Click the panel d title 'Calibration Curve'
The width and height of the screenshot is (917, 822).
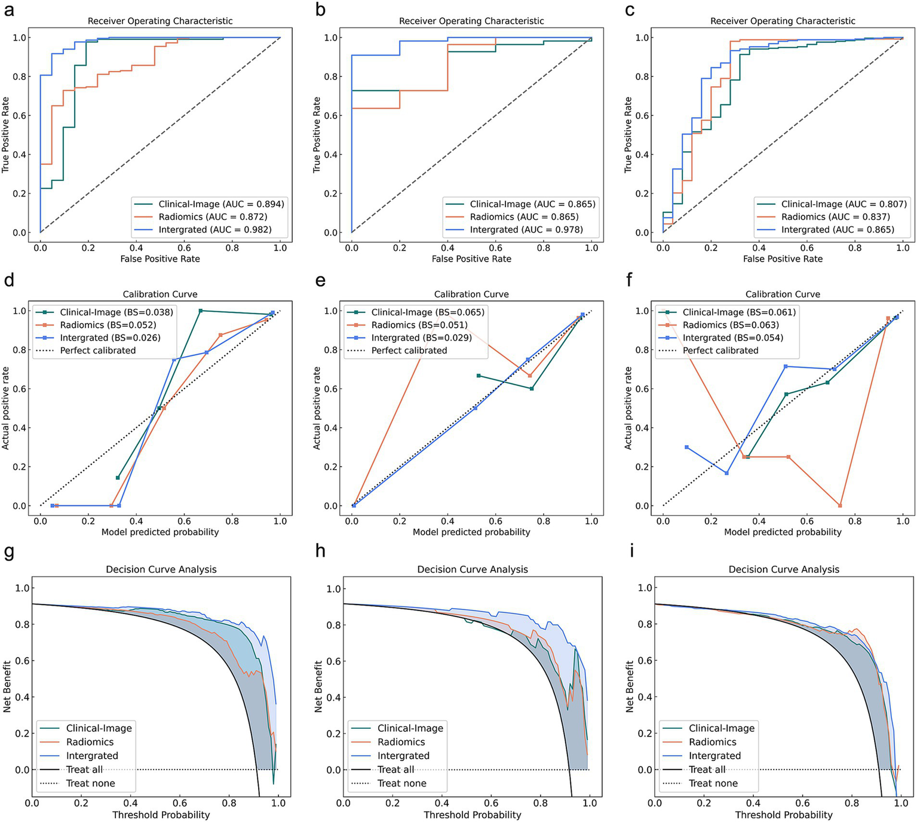(x=160, y=294)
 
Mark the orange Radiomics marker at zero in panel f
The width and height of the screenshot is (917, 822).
(x=840, y=505)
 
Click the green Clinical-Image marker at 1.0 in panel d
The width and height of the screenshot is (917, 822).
(x=201, y=311)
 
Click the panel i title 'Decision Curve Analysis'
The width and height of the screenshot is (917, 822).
(x=784, y=569)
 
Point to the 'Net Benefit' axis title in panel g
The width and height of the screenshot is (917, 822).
(x=7, y=686)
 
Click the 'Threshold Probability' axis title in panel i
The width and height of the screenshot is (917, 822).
(x=784, y=815)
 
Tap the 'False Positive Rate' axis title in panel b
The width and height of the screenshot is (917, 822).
(x=471, y=259)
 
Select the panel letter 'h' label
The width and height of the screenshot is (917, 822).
(x=320, y=551)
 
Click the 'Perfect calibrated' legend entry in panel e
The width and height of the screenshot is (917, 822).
(x=409, y=350)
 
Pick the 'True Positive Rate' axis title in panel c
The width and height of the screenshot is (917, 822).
(x=628, y=135)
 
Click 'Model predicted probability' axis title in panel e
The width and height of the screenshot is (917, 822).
(x=471, y=532)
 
